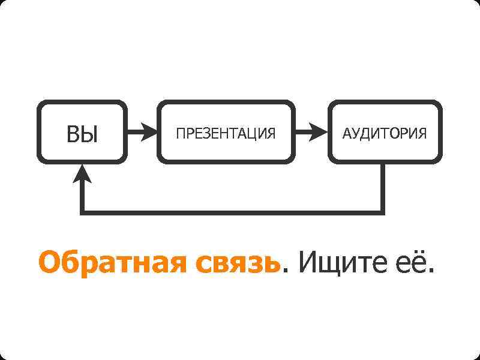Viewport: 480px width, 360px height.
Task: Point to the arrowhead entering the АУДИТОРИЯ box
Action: tap(319, 132)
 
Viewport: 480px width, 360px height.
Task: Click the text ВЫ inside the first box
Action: tap(82, 134)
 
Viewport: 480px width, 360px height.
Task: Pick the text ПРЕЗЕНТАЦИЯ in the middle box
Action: tap(226, 133)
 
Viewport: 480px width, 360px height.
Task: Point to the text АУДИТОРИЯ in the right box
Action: tap(385, 133)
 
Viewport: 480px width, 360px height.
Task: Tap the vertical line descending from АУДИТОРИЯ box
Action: tap(382, 186)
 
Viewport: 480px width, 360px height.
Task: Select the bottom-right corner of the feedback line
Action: tap(382, 212)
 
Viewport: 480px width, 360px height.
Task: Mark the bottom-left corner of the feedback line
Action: tap(83, 212)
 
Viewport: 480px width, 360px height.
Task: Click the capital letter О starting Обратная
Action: tap(50, 263)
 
